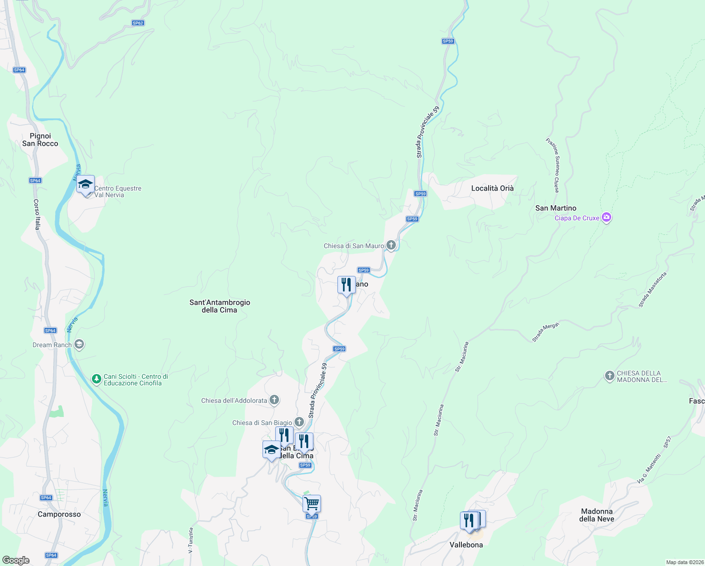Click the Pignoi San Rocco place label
coord(40,140)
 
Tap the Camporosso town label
coord(59,514)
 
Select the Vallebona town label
coord(466,545)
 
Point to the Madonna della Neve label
coord(597,515)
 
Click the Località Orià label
coord(492,188)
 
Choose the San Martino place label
coord(556,208)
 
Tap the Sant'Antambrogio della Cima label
coord(220,306)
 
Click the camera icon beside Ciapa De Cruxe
coord(607,217)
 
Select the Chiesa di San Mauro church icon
coord(391,245)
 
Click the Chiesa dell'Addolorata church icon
coord(274,400)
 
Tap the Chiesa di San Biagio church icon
coord(299,422)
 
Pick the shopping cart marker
coord(312,504)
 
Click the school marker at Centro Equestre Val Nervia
coord(85,184)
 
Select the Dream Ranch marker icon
coord(79,345)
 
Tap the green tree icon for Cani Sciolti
coord(96,379)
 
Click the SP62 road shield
coord(138,23)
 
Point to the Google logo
coord(16,560)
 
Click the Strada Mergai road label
coord(545,333)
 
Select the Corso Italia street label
coord(37,214)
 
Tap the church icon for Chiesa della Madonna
coord(610,376)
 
